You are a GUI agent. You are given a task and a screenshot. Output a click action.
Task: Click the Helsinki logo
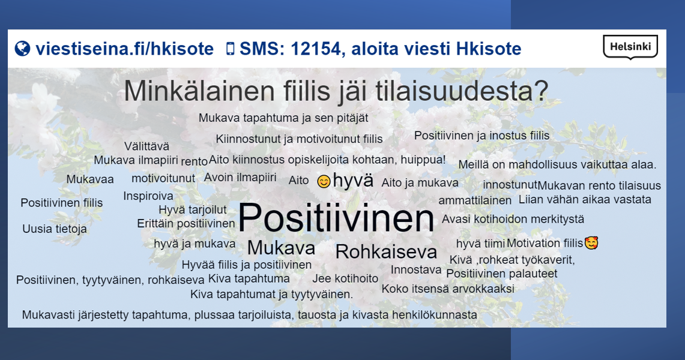point(630,47)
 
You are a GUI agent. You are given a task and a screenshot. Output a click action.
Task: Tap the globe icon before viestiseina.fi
point(22,49)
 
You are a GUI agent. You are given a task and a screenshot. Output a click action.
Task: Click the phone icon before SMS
point(230,49)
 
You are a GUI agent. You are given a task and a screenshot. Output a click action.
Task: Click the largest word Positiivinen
point(336,217)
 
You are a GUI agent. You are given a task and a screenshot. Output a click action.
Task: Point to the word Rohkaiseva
point(386,252)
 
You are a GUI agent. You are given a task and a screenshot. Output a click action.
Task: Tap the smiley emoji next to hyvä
point(324,181)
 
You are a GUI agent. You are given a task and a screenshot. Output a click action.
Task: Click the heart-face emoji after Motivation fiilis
point(591,242)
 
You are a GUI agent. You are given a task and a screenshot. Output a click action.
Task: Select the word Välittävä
point(146,146)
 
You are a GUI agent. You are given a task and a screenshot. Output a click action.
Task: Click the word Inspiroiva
point(148,196)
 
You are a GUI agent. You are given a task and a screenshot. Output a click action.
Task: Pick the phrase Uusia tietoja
point(55,229)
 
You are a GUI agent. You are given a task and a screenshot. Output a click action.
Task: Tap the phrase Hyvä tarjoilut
point(193,210)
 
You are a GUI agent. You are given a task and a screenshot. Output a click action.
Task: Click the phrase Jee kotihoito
point(345,278)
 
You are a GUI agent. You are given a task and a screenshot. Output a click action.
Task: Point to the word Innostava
point(416,270)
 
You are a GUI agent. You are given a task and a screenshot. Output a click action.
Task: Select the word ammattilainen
point(475,200)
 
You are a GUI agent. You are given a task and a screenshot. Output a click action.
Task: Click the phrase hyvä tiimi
point(480,244)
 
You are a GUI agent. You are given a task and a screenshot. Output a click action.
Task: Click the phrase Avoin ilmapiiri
point(240,178)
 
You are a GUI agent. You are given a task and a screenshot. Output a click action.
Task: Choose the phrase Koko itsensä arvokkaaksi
point(448,289)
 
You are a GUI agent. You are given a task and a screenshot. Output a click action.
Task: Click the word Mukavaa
point(90,179)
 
